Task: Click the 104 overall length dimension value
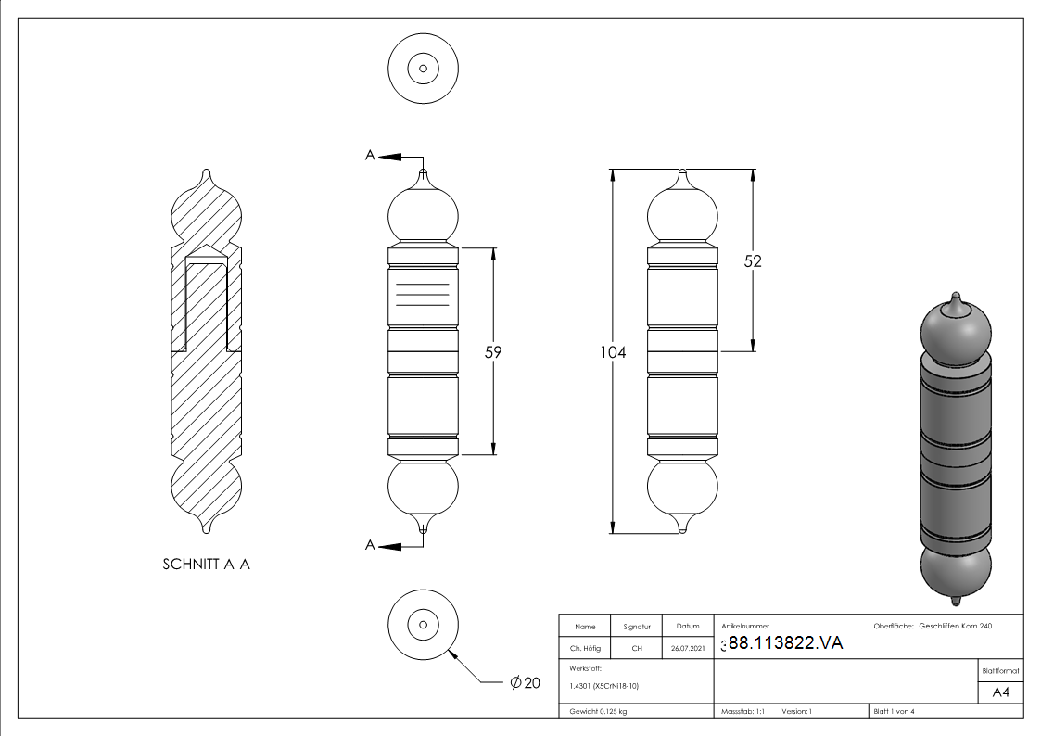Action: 613,353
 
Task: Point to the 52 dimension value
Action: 752,261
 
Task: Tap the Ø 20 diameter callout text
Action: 525,683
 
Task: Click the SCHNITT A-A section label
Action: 206,564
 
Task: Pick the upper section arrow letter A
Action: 370,157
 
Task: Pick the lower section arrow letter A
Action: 370,545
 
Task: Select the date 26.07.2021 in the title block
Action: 687,649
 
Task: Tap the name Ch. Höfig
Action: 585,649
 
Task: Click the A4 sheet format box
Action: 1001,692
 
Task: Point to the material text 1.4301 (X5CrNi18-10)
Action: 604,686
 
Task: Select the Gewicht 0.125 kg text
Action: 598,711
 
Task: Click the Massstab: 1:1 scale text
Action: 743,711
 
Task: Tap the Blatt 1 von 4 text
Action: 894,711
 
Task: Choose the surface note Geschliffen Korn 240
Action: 955,627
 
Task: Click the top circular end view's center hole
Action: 423,69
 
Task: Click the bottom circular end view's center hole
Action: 423,623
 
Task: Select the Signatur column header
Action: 637,627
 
